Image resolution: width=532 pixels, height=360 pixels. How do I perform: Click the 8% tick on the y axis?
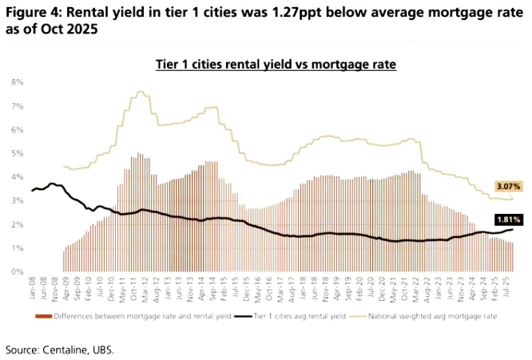coord(17,82)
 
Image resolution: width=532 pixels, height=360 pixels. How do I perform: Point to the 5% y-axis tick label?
coord(17,153)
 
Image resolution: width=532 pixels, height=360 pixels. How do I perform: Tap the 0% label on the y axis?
coord(17,272)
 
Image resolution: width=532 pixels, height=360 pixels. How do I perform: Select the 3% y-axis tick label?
coord(17,200)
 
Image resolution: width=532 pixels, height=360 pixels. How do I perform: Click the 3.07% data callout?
coord(508,186)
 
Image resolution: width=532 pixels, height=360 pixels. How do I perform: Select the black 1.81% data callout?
coord(508,219)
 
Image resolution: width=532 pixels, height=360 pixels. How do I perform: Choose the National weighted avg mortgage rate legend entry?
coord(439,317)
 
